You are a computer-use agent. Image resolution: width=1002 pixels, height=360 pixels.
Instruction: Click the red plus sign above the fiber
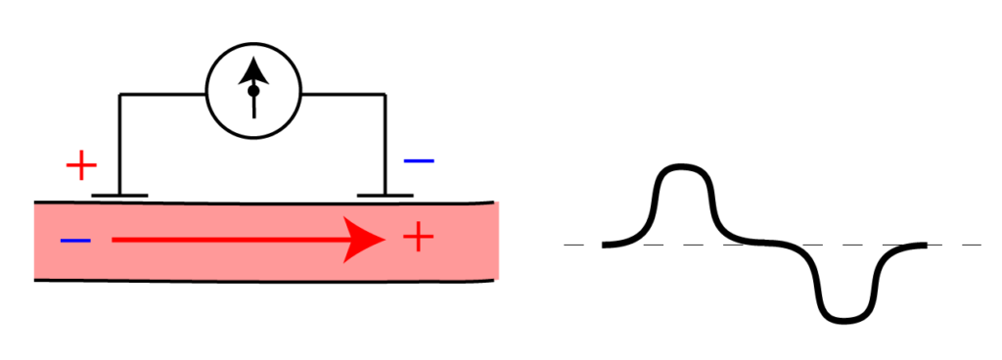point(81,165)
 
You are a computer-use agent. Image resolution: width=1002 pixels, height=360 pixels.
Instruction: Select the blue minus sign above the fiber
point(419,160)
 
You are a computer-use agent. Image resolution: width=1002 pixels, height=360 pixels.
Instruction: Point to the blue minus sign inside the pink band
point(75,240)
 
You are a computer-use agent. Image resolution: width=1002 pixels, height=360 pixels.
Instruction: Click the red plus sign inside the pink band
point(418,238)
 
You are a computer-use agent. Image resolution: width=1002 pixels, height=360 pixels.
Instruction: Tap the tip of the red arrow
point(383,240)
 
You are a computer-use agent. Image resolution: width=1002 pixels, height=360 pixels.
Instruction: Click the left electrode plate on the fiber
point(119,196)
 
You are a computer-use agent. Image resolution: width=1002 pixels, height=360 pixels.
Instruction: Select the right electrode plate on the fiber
point(385,196)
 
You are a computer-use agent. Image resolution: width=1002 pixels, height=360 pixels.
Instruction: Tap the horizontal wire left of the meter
point(162,94)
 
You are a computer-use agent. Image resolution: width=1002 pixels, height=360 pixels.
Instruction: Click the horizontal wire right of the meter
point(342,94)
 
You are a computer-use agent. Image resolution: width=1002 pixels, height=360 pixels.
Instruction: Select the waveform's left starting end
point(606,244)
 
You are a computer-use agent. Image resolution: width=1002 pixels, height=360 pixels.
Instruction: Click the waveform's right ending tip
point(923,245)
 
